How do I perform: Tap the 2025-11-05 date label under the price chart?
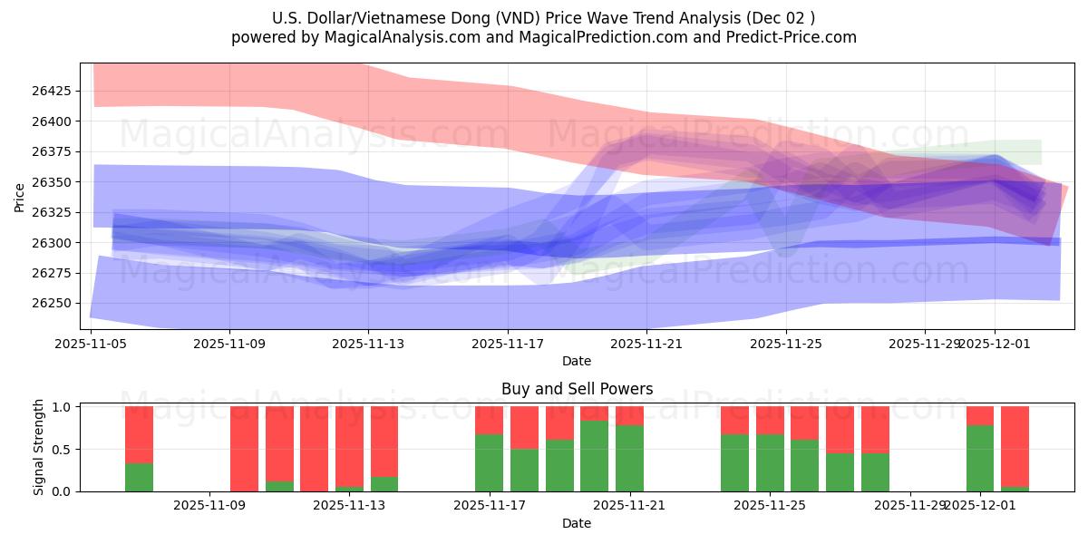(91, 344)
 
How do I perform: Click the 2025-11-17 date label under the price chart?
(508, 344)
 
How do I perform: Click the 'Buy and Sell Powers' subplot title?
(577, 389)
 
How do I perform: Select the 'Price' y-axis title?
(20, 197)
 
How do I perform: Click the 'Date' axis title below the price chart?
(577, 361)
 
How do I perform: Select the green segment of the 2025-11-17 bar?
(490, 462)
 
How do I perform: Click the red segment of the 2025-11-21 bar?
(629, 415)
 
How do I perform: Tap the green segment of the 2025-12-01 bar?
(980, 458)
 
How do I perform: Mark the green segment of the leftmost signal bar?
(139, 477)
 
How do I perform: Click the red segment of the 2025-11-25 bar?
(770, 420)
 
